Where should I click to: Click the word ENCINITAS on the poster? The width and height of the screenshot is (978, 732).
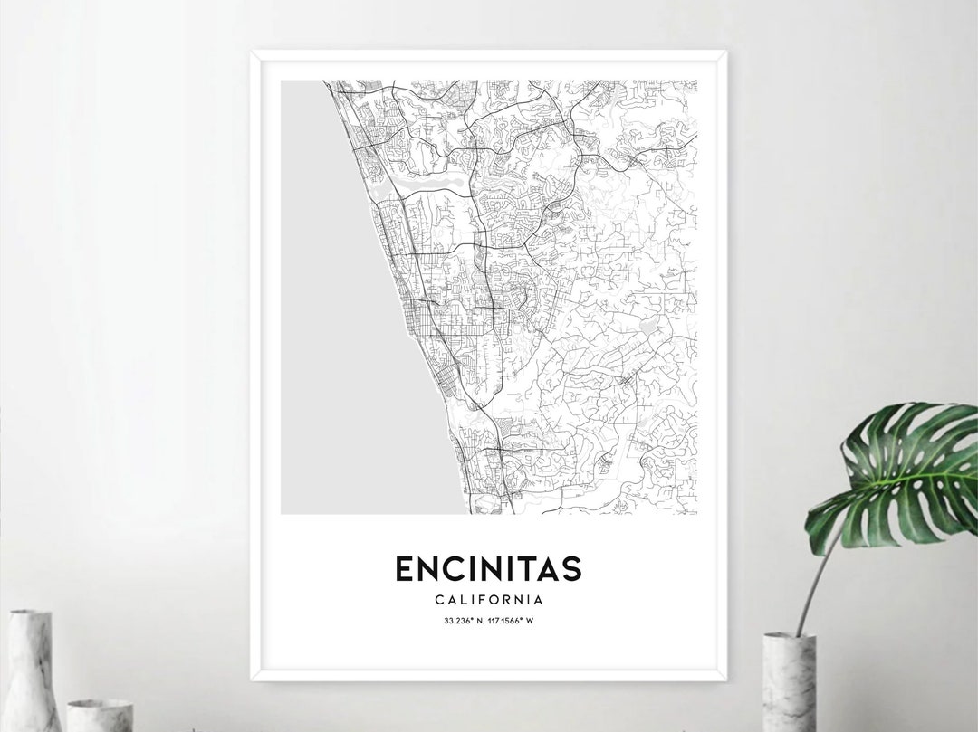click(488, 568)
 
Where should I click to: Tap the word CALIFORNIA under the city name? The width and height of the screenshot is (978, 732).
click(488, 599)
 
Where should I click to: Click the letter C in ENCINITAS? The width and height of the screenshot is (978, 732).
click(451, 568)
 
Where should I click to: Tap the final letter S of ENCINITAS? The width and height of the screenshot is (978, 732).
click(570, 568)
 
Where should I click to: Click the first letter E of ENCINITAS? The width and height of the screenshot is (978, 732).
click(406, 568)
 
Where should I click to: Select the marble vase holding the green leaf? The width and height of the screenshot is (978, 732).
click(789, 683)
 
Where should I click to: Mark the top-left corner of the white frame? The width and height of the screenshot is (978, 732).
click(253, 52)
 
